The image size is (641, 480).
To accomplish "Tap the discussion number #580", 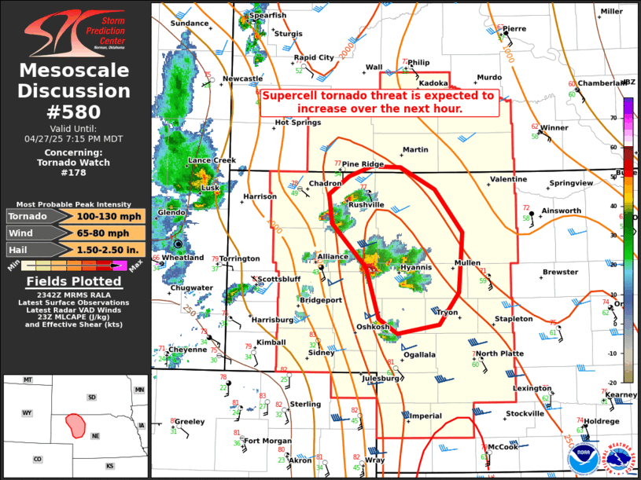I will pyautogui.click(x=75, y=112).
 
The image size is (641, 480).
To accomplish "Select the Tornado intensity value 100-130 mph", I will pyautogui.click(x=110, y=216).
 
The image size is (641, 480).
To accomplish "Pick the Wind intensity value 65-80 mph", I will pyautogui.click(x=110, y=233).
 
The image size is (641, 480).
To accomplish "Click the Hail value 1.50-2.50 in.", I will pyautogui.click(x=110, y=249).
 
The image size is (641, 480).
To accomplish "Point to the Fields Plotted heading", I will pyautogui.click(x=75, y=281).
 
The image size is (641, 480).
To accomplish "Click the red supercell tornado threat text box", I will pyautogui.click(x=379, y=101).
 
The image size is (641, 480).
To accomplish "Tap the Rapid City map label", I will pyautogui.click(x=314, y=57).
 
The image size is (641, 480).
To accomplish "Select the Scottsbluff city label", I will pyautogui.click(x=279, y=279).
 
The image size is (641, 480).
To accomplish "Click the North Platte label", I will pyautogui.click(x=499, y=354).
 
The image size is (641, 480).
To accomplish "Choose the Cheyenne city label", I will pyautogui.click(x=188, y=350).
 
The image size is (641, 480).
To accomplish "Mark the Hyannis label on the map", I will pyautogui.click(x=416, y=267).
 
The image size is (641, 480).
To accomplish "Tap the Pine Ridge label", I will pyautogui.click(x=363, y=164).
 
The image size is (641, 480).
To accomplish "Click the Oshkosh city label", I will pyautogui.click(x=373, y=327).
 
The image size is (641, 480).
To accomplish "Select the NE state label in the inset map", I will pyautogui.click(x=96, y=436).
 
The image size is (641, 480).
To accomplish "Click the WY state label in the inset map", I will pyautogui.click(x=27, y=412).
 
